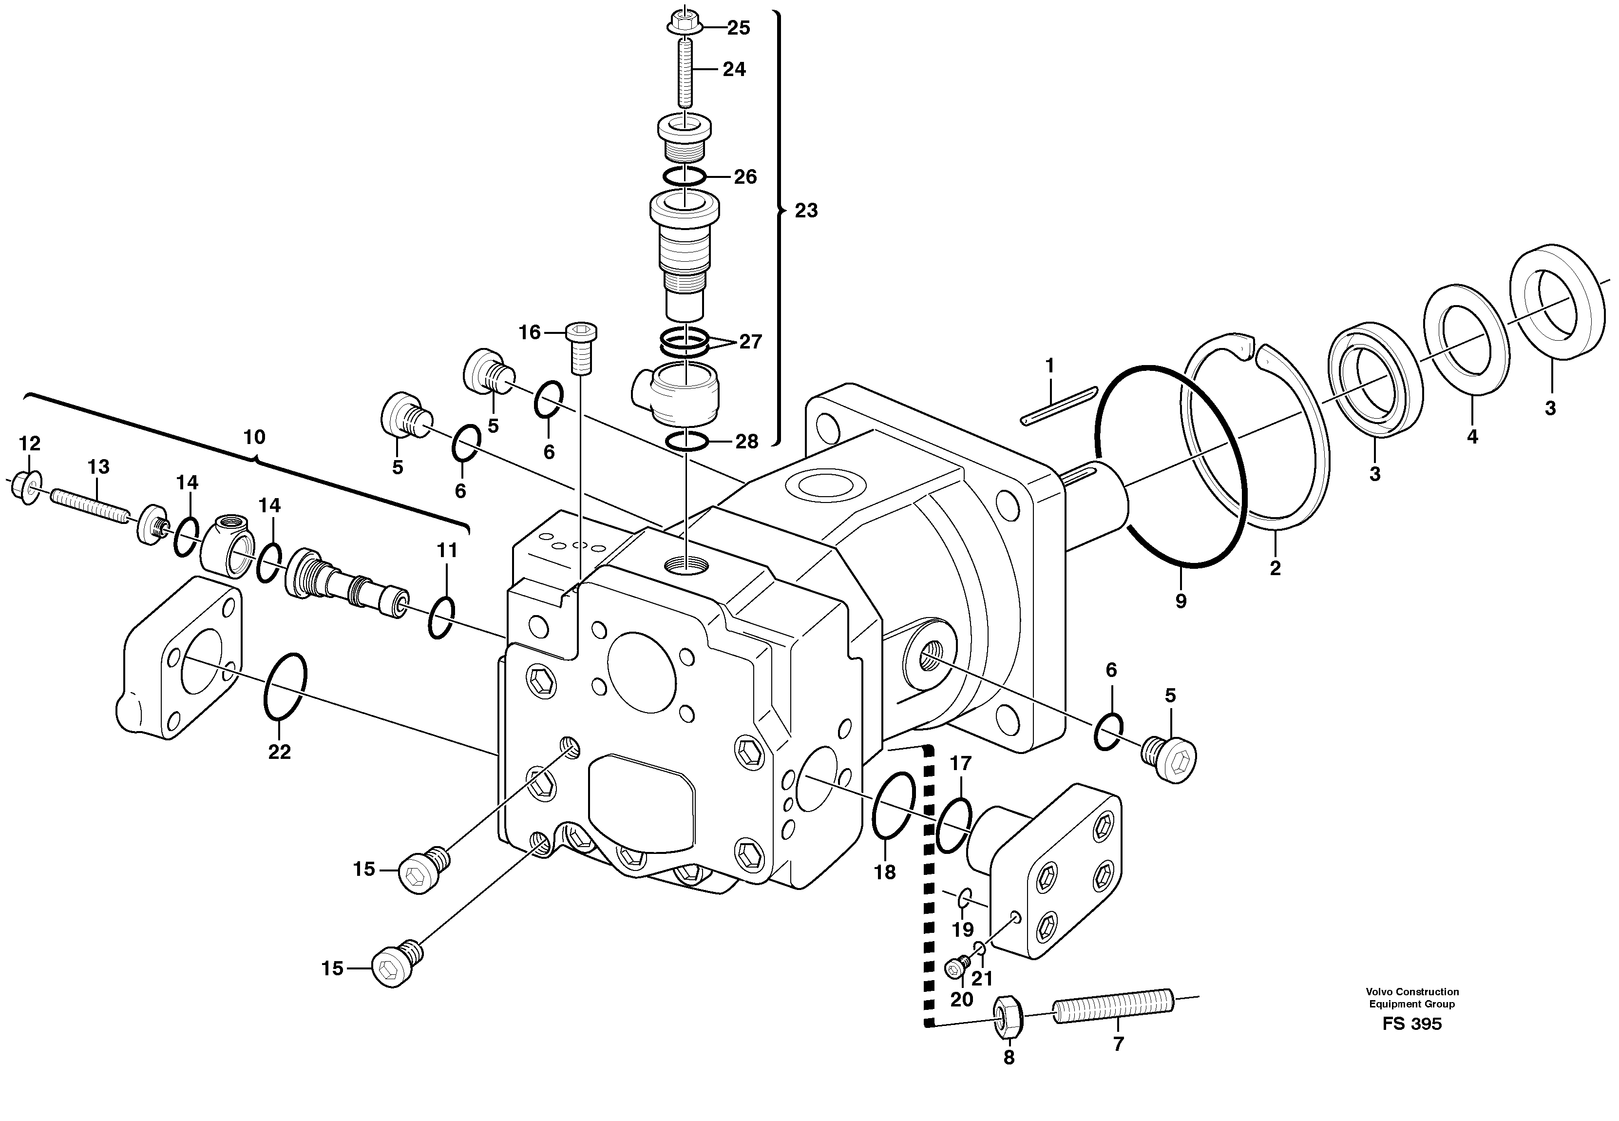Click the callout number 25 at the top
tap(738, 28)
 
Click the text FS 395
tap(1412, 1024)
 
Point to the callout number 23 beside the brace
tap(806, 211)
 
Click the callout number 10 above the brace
tap(254, 438)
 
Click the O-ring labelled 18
tap(893, 806)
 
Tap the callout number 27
tap(750, 342)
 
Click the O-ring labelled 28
tap(685, 441)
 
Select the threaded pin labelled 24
tap(685, 72)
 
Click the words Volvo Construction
tap(1412, 992)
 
